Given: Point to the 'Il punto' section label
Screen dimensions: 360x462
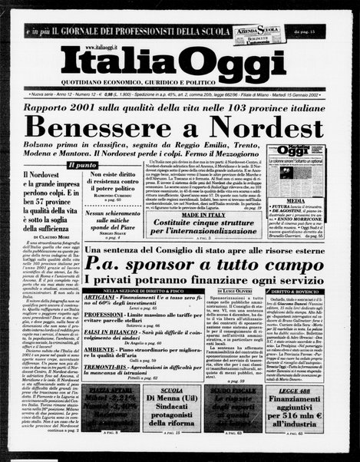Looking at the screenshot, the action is point(82,164).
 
